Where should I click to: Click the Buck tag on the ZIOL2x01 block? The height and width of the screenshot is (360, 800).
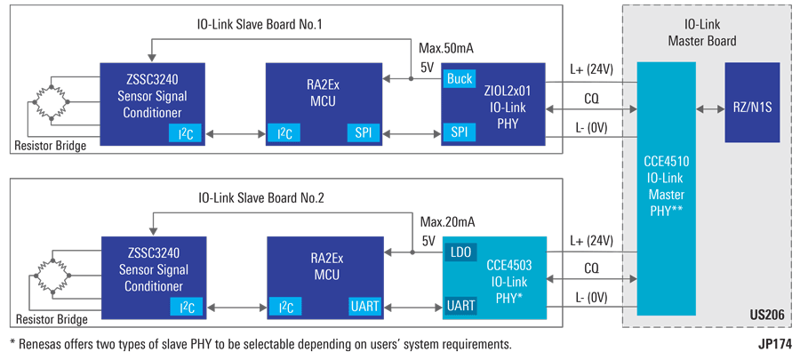click(460, 78)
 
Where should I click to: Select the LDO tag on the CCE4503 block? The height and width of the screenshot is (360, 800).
click(460, 252)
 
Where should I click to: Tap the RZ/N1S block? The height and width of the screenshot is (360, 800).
click(752, 103)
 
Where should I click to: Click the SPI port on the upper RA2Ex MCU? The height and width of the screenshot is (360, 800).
click(364, 133)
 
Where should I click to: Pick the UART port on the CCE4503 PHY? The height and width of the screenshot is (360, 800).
click(461, 307)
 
